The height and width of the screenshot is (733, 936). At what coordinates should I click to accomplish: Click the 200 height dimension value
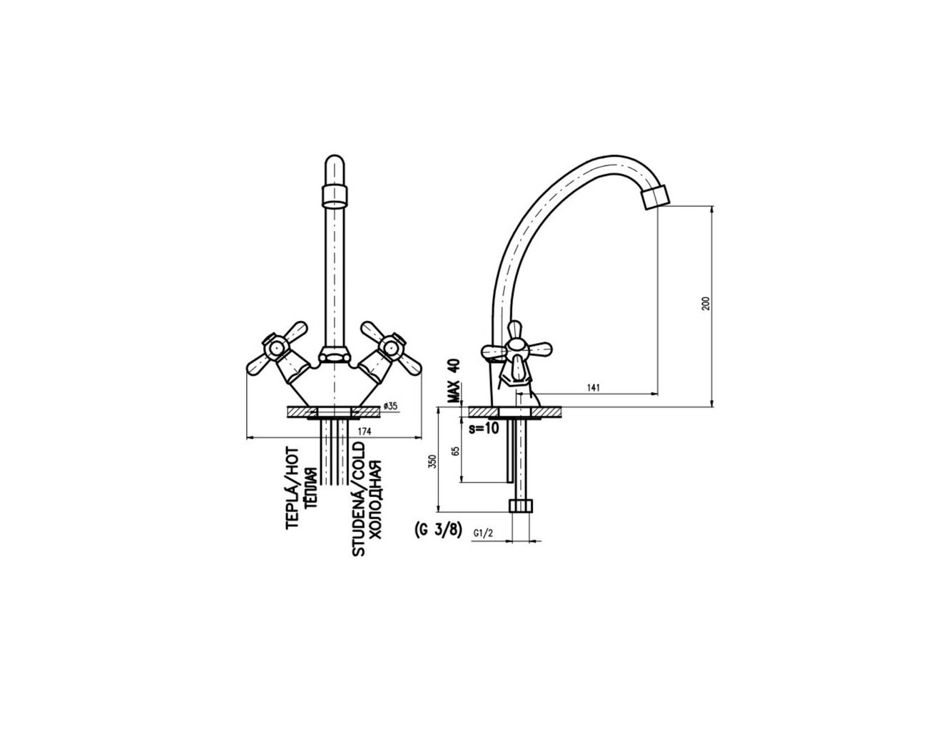click(706, 304)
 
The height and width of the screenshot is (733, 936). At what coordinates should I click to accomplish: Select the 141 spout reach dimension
click(593, 388)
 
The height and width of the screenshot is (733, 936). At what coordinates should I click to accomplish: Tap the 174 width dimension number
click(365, 431)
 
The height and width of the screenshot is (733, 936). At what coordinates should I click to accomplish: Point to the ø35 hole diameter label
click(390, 406)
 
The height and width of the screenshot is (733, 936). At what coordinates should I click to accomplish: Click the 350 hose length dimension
click(434, 461)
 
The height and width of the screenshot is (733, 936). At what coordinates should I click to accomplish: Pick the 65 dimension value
click(457, 451)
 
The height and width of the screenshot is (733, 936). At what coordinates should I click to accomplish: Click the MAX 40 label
click(454, 381)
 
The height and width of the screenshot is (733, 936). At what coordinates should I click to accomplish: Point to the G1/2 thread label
click(483, 533)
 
